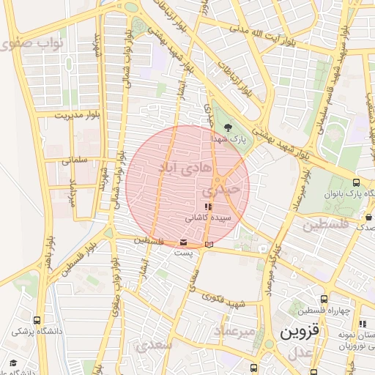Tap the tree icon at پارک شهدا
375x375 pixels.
(x=228, y=127)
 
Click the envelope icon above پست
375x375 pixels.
(x=182, y=242)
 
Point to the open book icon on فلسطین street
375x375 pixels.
(x=211, y=244)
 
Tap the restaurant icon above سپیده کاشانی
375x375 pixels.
(x=209, y=207)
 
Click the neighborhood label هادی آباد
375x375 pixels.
(x=187, y=166)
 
